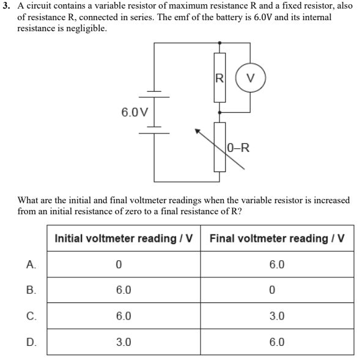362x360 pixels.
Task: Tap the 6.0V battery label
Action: coord(134,113)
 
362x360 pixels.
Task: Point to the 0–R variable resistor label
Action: coord(238,147)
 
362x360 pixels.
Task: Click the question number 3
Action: coord(6,6)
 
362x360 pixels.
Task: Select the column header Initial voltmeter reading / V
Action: coord(127,238)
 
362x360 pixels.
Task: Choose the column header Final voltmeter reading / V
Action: coord(277,238)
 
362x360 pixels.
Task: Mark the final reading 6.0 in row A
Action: coord(276,265)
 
